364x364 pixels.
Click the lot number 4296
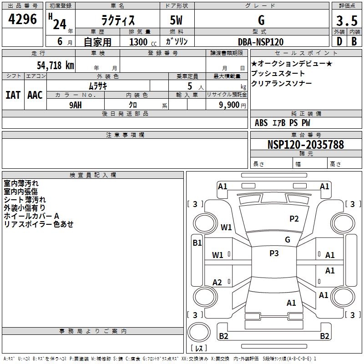(23, 20)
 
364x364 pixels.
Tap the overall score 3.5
(346, 21)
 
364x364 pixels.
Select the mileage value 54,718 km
(55, 65)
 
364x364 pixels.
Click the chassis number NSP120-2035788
(305, 145)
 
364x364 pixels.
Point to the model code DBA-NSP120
(261, 42)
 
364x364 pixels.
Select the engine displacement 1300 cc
(142, 42)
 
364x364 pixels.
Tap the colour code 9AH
(76, 105)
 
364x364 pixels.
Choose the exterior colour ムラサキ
(97, 86)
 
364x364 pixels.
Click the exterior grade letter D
(339, 42)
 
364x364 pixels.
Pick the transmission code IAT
(13, 95)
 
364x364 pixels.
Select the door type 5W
(177, 21)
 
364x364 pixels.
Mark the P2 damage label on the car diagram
(294, 219)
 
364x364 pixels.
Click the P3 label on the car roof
(274, 253)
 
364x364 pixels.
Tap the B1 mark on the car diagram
(197, 243)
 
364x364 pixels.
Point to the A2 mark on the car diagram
(217, 283)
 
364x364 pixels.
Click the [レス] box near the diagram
(198, 349)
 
